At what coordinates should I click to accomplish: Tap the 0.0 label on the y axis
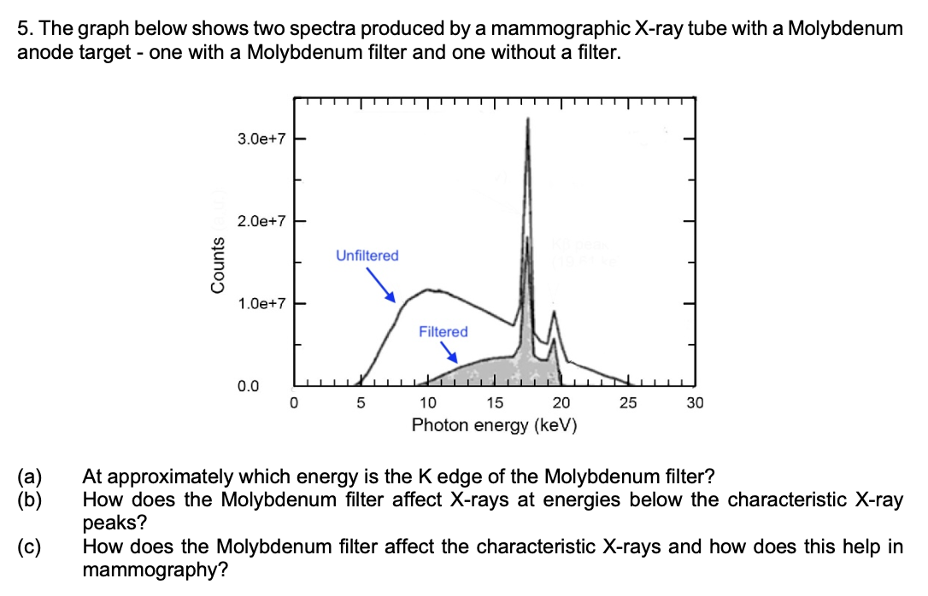[249, 387]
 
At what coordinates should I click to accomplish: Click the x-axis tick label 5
[361, 403]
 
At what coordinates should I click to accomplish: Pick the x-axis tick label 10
[427, 403]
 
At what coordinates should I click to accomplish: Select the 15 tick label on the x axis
[494, 403]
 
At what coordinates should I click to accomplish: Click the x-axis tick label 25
[628, 403]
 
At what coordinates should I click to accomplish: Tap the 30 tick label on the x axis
[695, 403]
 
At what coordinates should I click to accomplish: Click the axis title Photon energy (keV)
[494, 424]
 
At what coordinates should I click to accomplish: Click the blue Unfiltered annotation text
[367, 255]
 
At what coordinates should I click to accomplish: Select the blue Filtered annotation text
[443, 331]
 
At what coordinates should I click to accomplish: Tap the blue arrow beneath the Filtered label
[449, 353]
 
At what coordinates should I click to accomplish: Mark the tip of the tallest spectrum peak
[527, 120]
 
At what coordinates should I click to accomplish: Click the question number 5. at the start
[24, 28]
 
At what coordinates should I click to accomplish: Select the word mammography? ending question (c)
[155, 569]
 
